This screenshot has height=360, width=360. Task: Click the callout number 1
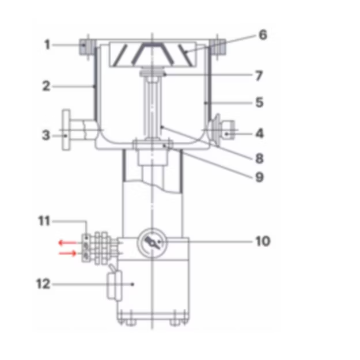(x=47, y=44)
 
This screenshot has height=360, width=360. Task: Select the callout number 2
(x=46, y=86)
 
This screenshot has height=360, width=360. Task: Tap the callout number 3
(x=46, y=135)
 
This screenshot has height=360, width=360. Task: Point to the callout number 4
(x=260, y=134)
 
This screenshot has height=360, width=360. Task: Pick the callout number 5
(x=259, y=102)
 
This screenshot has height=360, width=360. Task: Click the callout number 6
(x=263, y=35)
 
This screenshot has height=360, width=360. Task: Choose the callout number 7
(x=259, y=76)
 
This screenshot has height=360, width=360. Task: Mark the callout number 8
(x=259, y=158)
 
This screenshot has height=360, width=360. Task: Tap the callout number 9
(x=259, y=177)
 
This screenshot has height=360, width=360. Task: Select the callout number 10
(x=263, y=241)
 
